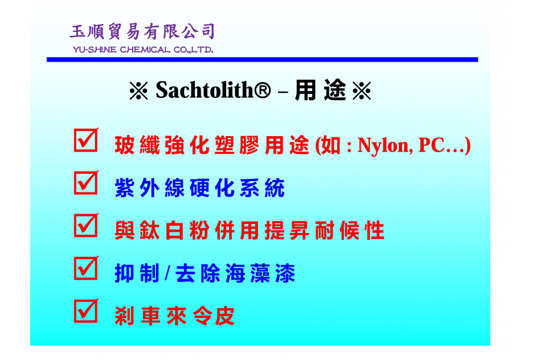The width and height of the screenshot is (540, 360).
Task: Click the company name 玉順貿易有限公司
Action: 142,32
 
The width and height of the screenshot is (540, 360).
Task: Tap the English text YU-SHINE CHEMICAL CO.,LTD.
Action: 143,50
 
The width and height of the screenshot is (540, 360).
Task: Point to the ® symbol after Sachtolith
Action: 263,90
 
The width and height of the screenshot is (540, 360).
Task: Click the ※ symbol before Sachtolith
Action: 139,91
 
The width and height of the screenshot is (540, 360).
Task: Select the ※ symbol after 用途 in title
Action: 362,91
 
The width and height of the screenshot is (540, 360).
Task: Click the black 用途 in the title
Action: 321,90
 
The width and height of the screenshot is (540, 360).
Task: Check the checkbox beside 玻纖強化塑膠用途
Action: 86,140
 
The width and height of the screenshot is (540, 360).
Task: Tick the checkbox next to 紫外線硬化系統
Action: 86,183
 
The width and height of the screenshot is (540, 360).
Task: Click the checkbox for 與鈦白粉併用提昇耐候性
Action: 86,226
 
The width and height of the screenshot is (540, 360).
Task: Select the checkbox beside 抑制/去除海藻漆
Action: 86,268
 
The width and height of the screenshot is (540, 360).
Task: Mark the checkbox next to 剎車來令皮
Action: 86,311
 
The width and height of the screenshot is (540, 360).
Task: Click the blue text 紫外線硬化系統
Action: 200,188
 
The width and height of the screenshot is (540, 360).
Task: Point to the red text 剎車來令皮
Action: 175,316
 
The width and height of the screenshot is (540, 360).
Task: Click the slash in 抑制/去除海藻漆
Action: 167,273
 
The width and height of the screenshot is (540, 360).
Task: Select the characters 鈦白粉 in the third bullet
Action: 175,231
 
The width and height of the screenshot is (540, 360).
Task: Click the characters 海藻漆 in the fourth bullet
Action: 260,273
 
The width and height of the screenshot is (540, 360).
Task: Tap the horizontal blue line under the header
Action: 263,60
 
